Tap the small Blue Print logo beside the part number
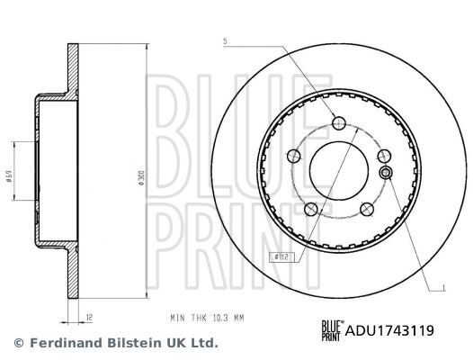pos(332,330)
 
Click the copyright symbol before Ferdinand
pos(17,343)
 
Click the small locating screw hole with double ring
pos(385,173)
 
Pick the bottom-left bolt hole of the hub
pos(309,210)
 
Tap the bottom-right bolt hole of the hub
pos(366,210)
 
